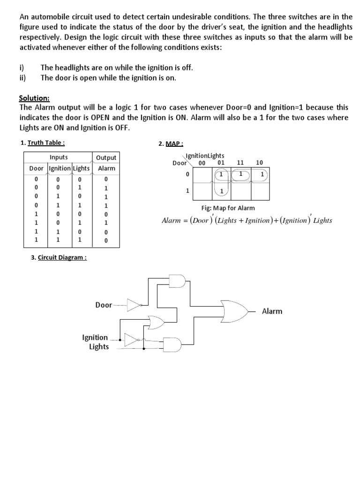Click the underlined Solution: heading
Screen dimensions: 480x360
34,97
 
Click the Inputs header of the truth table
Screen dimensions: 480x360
59,157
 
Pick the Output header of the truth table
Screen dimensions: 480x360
106,158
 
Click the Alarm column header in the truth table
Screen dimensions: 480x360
106,168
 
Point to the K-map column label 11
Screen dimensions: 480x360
241,163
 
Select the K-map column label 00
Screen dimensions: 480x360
202,163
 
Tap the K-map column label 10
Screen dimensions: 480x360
260,163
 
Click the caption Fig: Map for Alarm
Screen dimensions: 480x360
228,208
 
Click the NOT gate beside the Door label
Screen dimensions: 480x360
134,305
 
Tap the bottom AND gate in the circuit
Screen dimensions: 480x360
172,344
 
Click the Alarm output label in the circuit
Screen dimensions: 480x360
272,311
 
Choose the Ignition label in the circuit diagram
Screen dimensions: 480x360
95,337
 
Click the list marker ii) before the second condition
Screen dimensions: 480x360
22,78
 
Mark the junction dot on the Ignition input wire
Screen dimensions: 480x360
121,339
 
